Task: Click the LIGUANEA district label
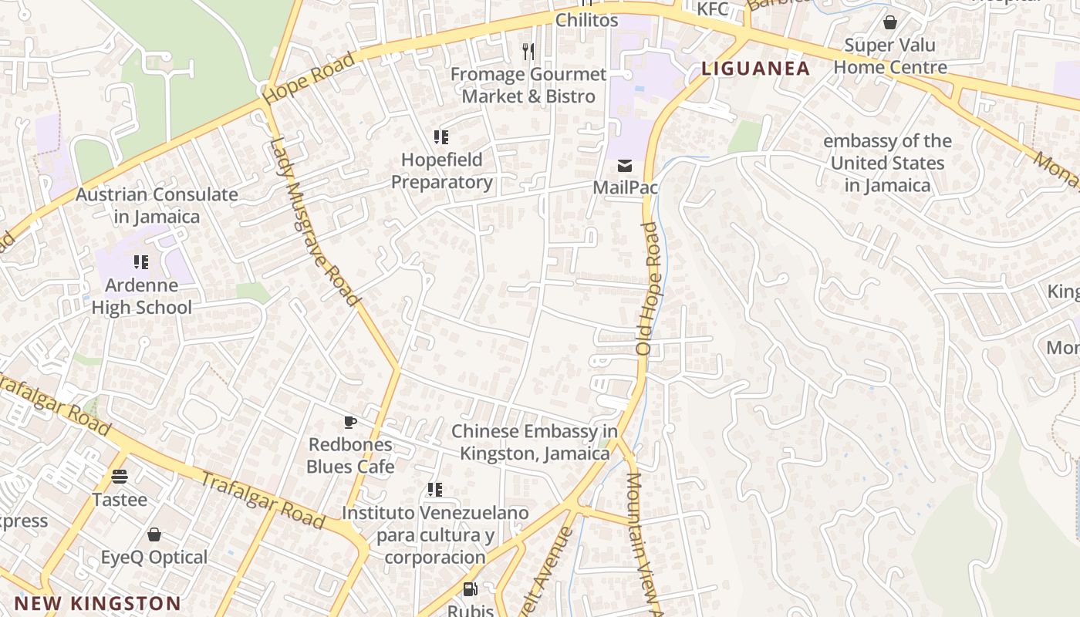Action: [755, 69]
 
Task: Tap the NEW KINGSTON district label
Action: [97, 603]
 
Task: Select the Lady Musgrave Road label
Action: [316, 221]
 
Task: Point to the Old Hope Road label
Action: [650, 288]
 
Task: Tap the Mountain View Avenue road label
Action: [645, 544]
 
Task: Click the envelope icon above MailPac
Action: [624, 166]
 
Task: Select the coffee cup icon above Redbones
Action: [350, 422]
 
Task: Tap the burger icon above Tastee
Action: [120, 476]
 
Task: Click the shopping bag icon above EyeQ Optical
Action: [154, 534]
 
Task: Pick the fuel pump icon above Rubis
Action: [470, 590]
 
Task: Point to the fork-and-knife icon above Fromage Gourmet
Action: [528, 52]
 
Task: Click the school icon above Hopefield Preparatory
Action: [441, 137]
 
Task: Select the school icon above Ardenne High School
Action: [141, 262]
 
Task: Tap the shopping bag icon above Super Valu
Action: [890, 22]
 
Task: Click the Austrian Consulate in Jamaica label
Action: [157, 205]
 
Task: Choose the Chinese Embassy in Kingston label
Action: [535, 442]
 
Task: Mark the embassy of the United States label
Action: [887, 164]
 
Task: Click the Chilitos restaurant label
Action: [587, 20]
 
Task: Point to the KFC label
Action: [713, 9]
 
